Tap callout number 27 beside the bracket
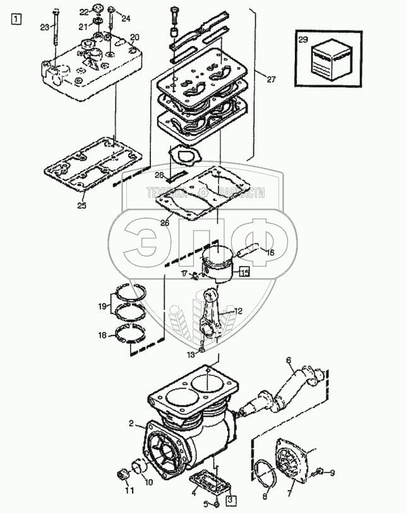tap(272, 80)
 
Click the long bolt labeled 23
tap(56, 35)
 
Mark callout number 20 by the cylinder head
tap(134, 37)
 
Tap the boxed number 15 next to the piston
tap(244, 273)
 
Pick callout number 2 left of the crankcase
tap(132, 423)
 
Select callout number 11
tap(129, 490)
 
